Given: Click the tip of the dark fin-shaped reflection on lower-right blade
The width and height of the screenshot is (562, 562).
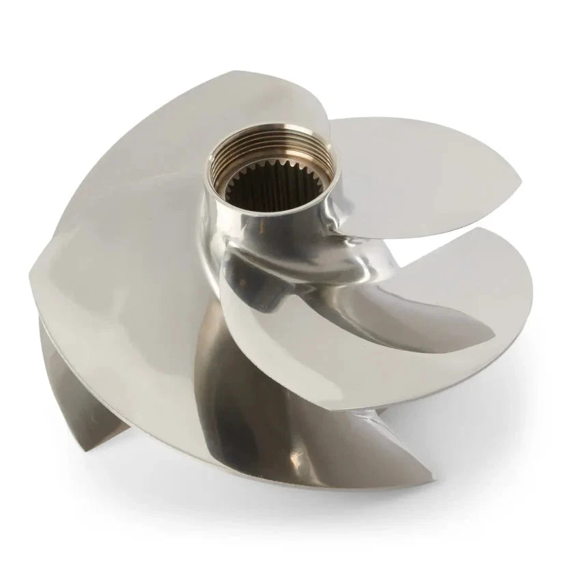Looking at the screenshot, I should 493,335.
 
